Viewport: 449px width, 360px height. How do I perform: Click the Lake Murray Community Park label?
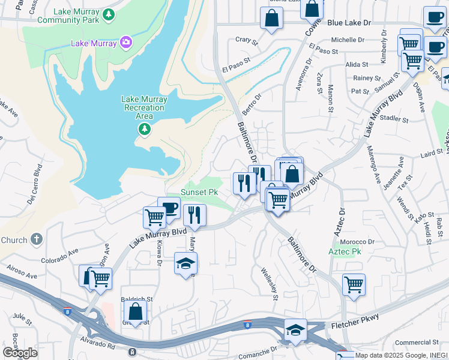[67, 16]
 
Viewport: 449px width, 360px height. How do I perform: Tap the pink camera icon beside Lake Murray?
[125, 42]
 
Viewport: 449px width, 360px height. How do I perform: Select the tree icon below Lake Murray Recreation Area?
[144, 129]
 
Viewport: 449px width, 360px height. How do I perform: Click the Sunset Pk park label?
[199, 192]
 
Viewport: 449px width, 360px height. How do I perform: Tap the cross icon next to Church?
[36, 239]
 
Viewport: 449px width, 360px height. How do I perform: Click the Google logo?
[20, 353]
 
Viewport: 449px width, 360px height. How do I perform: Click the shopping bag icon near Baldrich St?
[136, 311]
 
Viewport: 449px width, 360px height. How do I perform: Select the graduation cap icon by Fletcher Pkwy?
[295, 331]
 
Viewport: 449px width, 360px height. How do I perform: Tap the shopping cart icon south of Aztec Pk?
[354, 284]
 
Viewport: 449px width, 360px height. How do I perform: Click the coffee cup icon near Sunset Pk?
[169, 208]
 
